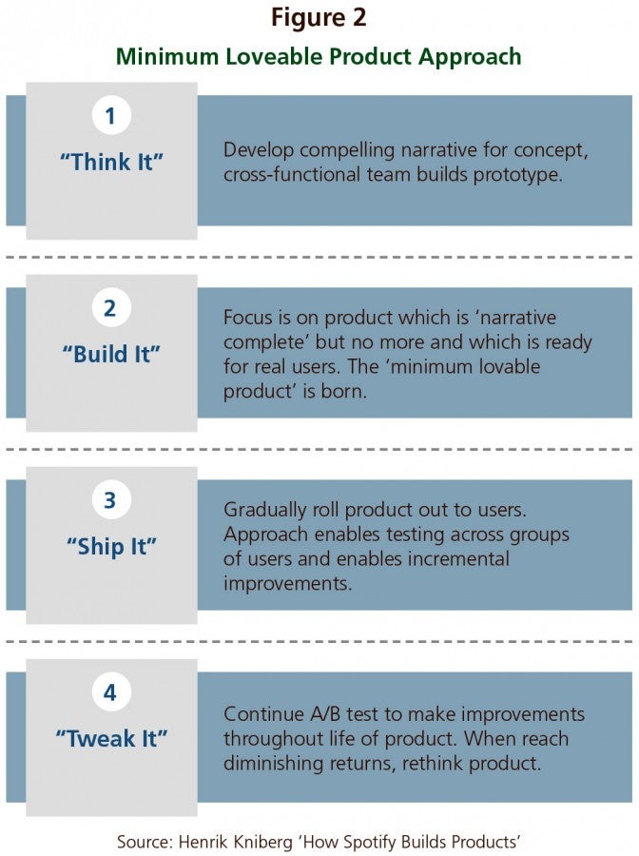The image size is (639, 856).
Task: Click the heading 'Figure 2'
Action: pos(319,17)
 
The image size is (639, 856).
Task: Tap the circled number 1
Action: pos(110,116)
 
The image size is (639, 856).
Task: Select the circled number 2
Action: pos(110,308)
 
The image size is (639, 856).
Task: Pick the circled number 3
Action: pos(110,500)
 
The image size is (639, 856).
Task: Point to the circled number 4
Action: pos(110,692)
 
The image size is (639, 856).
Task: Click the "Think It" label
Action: pos(111,162)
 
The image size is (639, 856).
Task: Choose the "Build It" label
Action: pos(111,355)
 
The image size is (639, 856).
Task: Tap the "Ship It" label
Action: pos(111,547)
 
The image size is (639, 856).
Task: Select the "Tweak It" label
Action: pos(111,739)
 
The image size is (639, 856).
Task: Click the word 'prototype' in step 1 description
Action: pos(518,175)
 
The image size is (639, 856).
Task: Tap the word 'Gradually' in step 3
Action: pos(264,511)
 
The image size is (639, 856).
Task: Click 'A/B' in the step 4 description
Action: pos(325,714)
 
